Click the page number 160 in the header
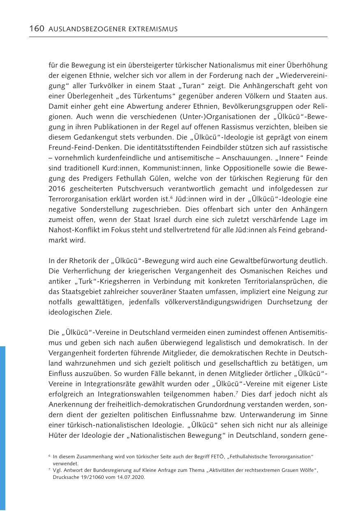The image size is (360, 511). click(37, 29)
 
